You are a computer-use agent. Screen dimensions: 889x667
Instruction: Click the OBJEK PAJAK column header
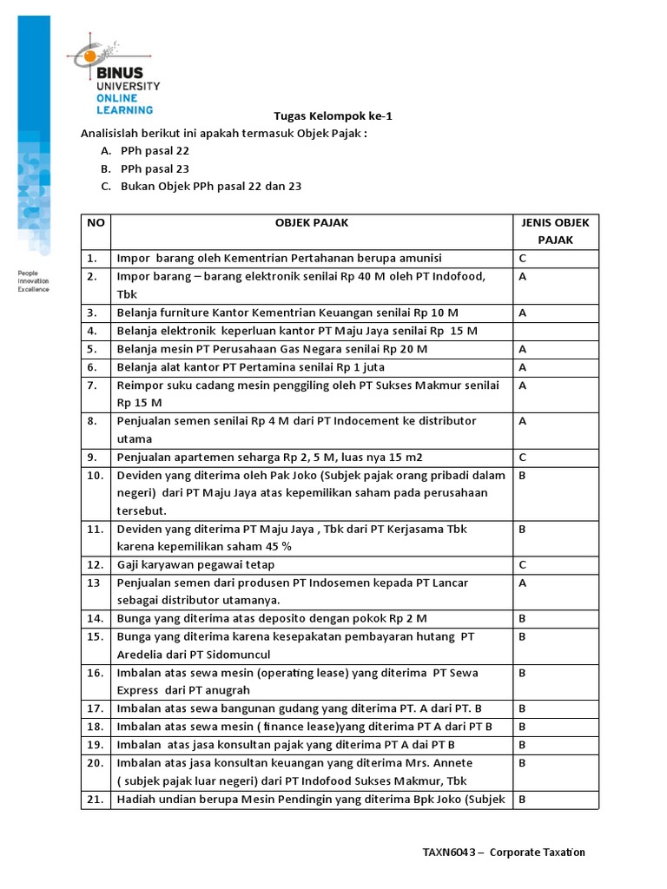click(311, 222)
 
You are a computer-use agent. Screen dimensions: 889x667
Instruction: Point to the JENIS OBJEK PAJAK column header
click(555, 231)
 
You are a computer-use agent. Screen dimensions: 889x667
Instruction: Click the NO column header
click(96, 222)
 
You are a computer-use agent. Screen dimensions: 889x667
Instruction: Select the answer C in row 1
click(523, 258)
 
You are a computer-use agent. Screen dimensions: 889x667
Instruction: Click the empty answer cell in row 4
click(555, 331)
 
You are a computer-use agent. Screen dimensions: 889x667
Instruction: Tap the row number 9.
click(92, 457)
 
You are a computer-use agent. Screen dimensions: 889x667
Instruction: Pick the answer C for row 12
click(523, 564)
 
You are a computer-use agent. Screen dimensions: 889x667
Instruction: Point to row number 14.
click(95, 618)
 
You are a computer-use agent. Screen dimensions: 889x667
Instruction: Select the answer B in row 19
click(523, 745)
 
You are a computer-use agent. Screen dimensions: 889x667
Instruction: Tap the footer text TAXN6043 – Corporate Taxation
click(504, 852)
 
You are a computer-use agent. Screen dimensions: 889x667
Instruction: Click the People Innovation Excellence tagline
click(34, 281)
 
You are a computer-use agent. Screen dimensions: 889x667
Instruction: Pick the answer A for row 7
click(523, 385)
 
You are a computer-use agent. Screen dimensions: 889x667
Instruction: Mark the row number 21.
click(95, 799)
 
